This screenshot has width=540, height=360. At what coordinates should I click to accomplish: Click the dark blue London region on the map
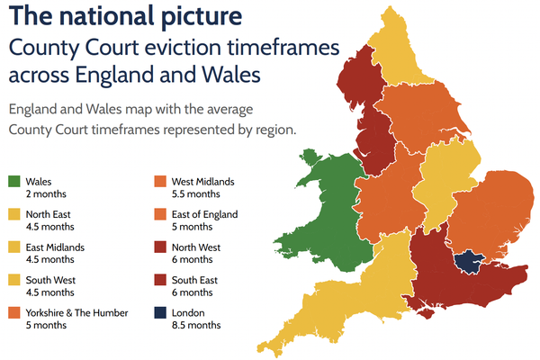tap(469, 261)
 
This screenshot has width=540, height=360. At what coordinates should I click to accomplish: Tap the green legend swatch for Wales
tap(14, 182)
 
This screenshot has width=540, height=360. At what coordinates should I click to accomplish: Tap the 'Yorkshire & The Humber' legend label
tap(77, 313)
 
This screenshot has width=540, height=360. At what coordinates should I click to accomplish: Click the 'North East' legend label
tap(50, 214)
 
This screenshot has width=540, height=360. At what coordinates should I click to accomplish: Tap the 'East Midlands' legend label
tap(56, 247)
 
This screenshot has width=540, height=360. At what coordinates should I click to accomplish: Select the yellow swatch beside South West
tap(14, 280)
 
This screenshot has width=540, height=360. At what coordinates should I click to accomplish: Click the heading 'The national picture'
tap(125, 16)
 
